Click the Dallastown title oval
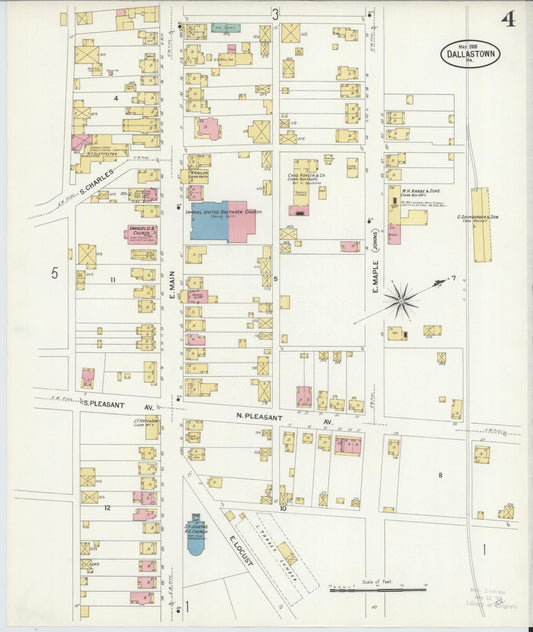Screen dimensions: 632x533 pyautogui.click(x=470, y=54)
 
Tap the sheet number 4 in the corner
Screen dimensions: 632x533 pyautogui.click(x=508, y=20)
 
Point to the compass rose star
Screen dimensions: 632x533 pyautogui.click(x=402, y=298)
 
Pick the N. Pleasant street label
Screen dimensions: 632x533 pyautogui.click(x=255, y=414)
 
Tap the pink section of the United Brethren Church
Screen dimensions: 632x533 pyautogui.click(x=242, y=217)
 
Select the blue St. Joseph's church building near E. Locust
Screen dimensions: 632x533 pyautogui.click(x=195, y=534)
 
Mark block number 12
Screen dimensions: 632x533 pyautogui.click(x=105, y=509)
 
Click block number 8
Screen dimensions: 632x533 pyautogui.click(x=440, y=475)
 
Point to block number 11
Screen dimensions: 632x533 pyautogui.click(x=113, y=279)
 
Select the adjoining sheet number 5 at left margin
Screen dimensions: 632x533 pyautogui.click(x=56, y=272)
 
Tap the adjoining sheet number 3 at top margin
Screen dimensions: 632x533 pyautogui.click(x=275, y=14)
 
